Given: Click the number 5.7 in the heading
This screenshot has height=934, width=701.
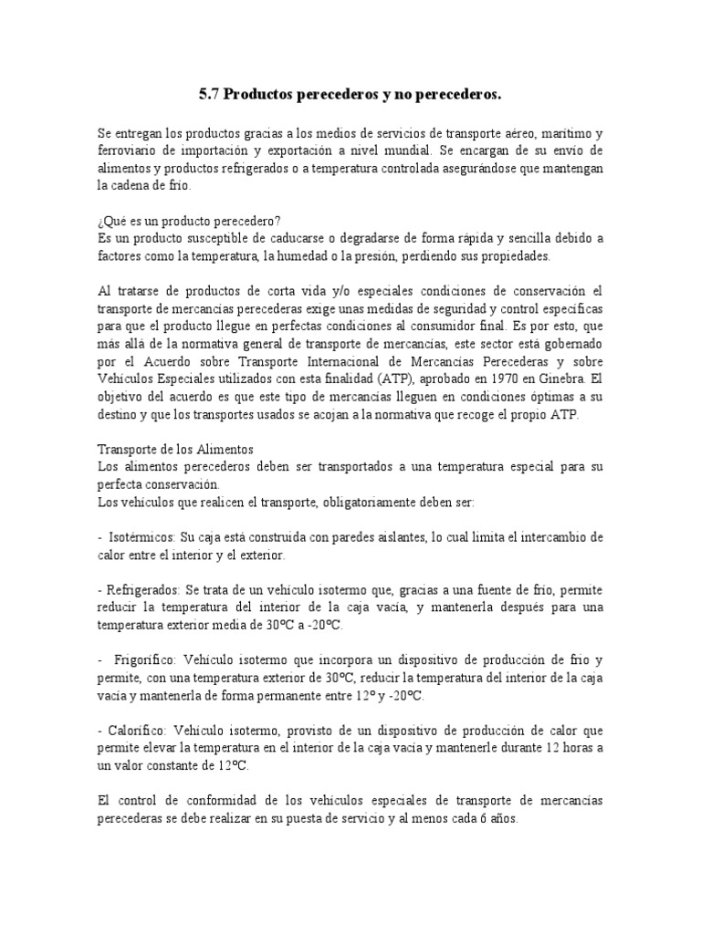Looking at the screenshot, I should pos(209,94).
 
